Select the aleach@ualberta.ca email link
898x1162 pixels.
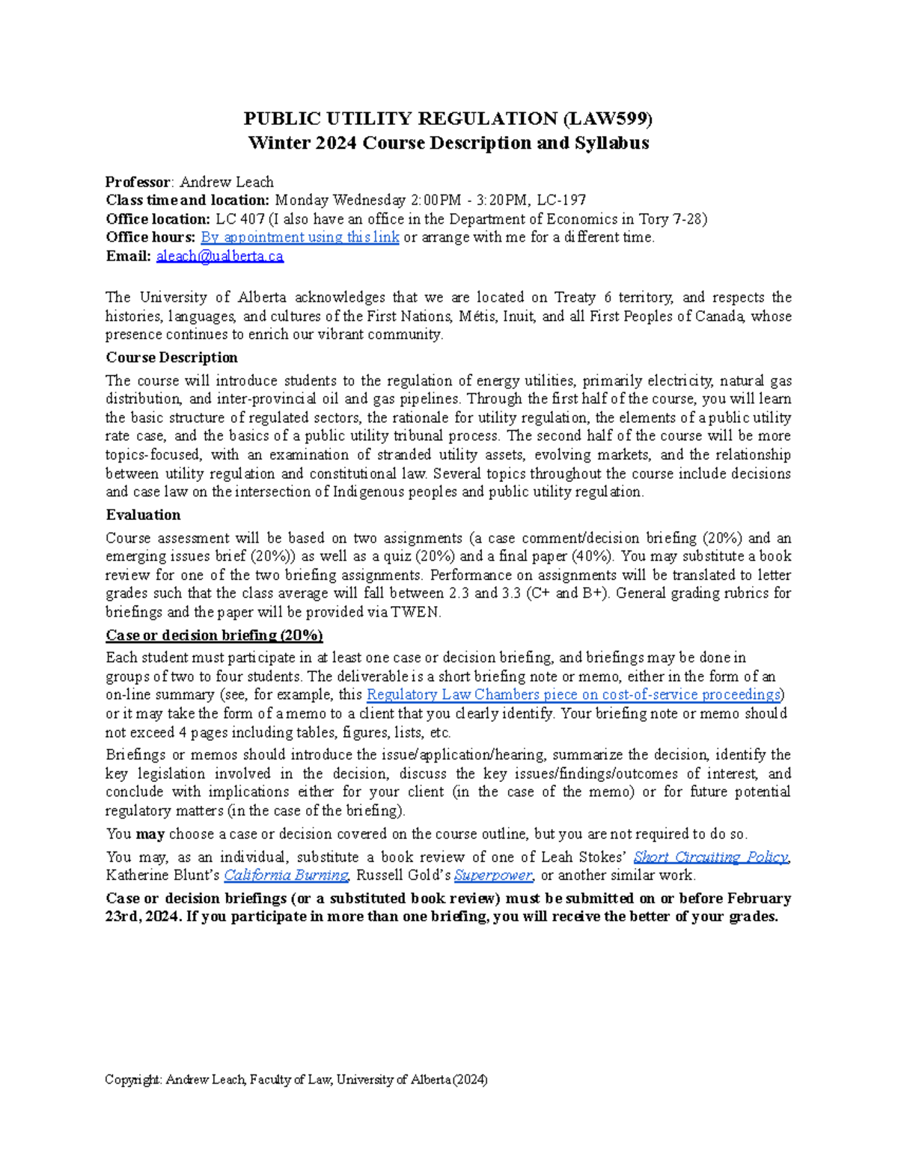point(219,257)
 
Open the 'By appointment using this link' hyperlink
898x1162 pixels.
point(299,238)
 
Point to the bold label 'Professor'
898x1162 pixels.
point(138,182)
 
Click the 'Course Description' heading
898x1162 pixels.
point(171,358)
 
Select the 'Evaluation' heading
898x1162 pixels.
point(143,515)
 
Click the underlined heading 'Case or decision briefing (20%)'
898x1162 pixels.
point(214,635)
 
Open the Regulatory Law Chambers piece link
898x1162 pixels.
point(573,695)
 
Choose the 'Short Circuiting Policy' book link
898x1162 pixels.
point(711,857)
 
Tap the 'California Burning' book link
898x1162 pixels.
point(287,875)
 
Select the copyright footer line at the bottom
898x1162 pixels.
point(296,1080)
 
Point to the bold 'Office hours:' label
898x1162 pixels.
point(150,238)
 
